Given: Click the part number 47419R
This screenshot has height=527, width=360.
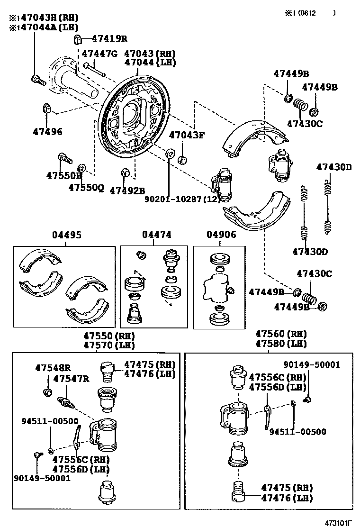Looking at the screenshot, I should [109, 39].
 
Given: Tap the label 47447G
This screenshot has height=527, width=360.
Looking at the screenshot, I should [99, 54].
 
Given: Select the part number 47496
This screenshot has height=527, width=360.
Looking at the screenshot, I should [47, 131].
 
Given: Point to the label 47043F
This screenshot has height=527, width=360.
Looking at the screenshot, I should [187, 135].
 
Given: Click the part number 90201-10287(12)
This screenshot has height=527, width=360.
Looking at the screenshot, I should [183, 200].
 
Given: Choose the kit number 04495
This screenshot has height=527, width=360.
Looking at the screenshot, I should [66, 235].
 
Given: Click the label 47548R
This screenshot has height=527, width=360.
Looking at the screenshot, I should [53, 367].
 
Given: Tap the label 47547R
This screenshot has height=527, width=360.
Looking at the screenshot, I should [71, 378].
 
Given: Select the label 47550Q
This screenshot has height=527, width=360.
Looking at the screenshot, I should [86, 187].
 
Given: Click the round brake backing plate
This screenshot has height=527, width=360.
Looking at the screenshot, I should [135, 117].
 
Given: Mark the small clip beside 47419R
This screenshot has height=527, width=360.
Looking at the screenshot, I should [79, 39].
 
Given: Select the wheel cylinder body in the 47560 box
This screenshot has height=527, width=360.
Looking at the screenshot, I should [237, 418].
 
